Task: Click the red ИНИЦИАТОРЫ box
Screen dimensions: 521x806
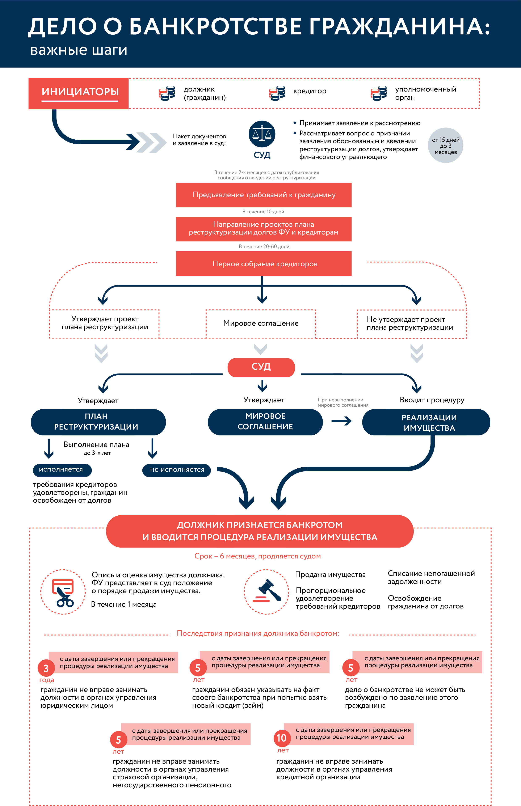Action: pyautogui.click(x=79, y=94)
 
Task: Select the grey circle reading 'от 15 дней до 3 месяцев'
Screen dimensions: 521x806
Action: pyautogui.click(x=446, y=145)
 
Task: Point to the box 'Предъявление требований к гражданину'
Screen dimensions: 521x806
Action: pyautogui.click(x=264, y=195)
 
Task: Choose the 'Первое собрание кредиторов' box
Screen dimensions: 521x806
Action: pyautogui.click(x=264, y=263)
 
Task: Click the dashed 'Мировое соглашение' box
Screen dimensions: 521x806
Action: pyautogui.click(x=261, y=323)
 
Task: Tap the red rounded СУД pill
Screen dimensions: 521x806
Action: pyautogui.click(x=261, y=367)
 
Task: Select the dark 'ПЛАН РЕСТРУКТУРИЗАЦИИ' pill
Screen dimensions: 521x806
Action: pyautogui.click(x=98, y=422)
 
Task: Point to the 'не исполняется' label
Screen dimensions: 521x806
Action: pyautogui.click(x=177, y=470)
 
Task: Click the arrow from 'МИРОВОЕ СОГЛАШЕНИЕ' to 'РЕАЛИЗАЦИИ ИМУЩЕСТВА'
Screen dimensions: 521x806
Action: pyautogui.click(x=342, y=421)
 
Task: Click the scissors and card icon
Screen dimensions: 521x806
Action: pyautogui.click(x=63, y=592)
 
